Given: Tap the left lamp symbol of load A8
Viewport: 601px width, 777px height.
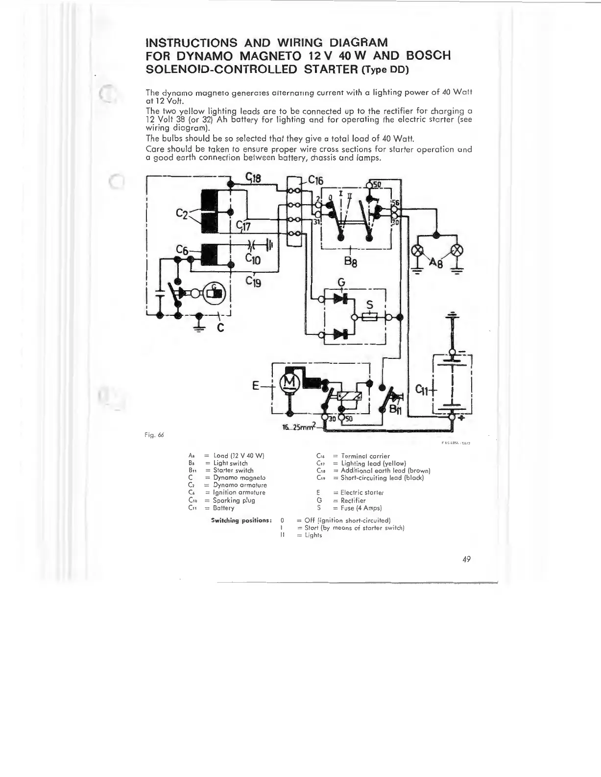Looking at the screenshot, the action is tap(418, 250).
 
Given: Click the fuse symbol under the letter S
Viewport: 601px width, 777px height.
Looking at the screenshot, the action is tap(371, 317).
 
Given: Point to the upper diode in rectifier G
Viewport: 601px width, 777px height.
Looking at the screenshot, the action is tap(341, 299).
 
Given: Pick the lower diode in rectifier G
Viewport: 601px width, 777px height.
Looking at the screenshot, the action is tap(341, 334).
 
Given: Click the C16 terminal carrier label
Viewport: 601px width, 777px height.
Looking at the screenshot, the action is tap(316, 181).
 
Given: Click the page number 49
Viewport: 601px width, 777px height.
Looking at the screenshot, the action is tap(466, 560).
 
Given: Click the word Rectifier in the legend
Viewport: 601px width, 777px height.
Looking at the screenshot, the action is tap(353, 500).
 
